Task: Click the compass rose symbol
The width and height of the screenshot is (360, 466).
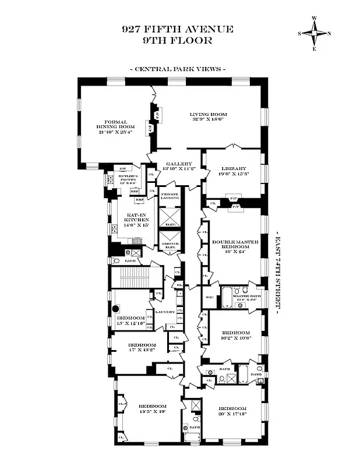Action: (x=315, y=33)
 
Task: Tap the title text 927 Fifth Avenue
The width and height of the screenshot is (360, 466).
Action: (x=178, y=29)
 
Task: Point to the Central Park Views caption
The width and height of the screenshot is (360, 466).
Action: (x=177, y=69)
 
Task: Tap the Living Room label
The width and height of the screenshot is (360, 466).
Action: (x=208, y=114)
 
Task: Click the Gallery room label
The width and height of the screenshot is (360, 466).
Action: (x=175, y=164)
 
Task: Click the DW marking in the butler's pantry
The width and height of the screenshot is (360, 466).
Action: (x=115, y=169)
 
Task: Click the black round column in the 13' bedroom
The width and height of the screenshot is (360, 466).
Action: (x=116, y=309)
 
